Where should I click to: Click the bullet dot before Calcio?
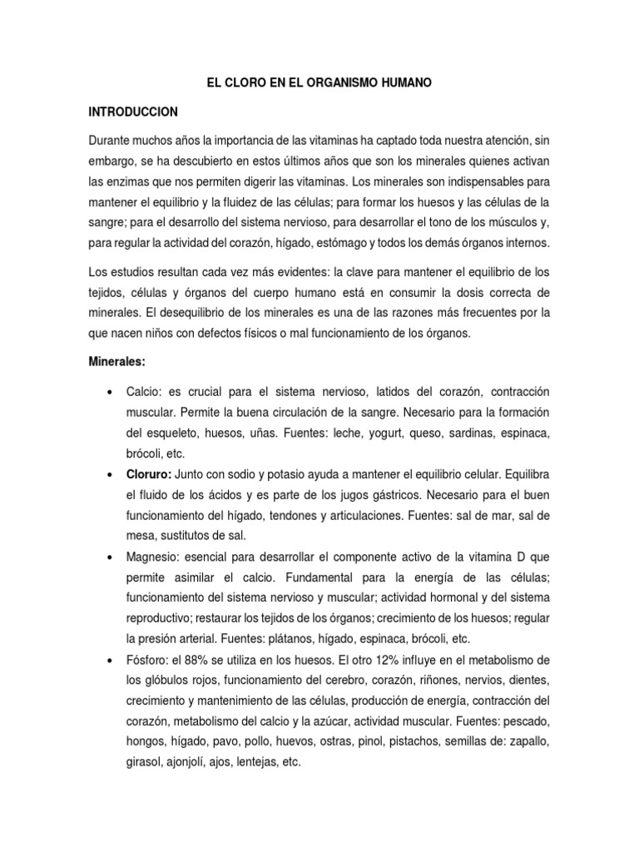click(111, 392)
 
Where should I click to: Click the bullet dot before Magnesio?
click(111, 557)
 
